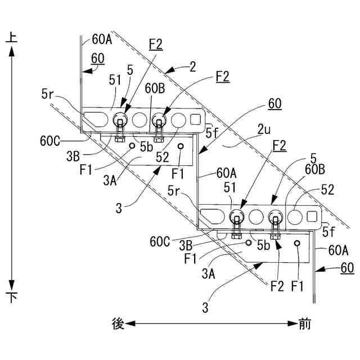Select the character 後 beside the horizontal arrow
(x=118, y=324)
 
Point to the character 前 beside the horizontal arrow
(x=304, y=324)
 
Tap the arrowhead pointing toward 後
(x=130, y=324)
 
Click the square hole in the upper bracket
(x=196, y=120)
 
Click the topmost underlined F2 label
(x=156, y=44)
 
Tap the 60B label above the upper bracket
(x=155, y=88)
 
